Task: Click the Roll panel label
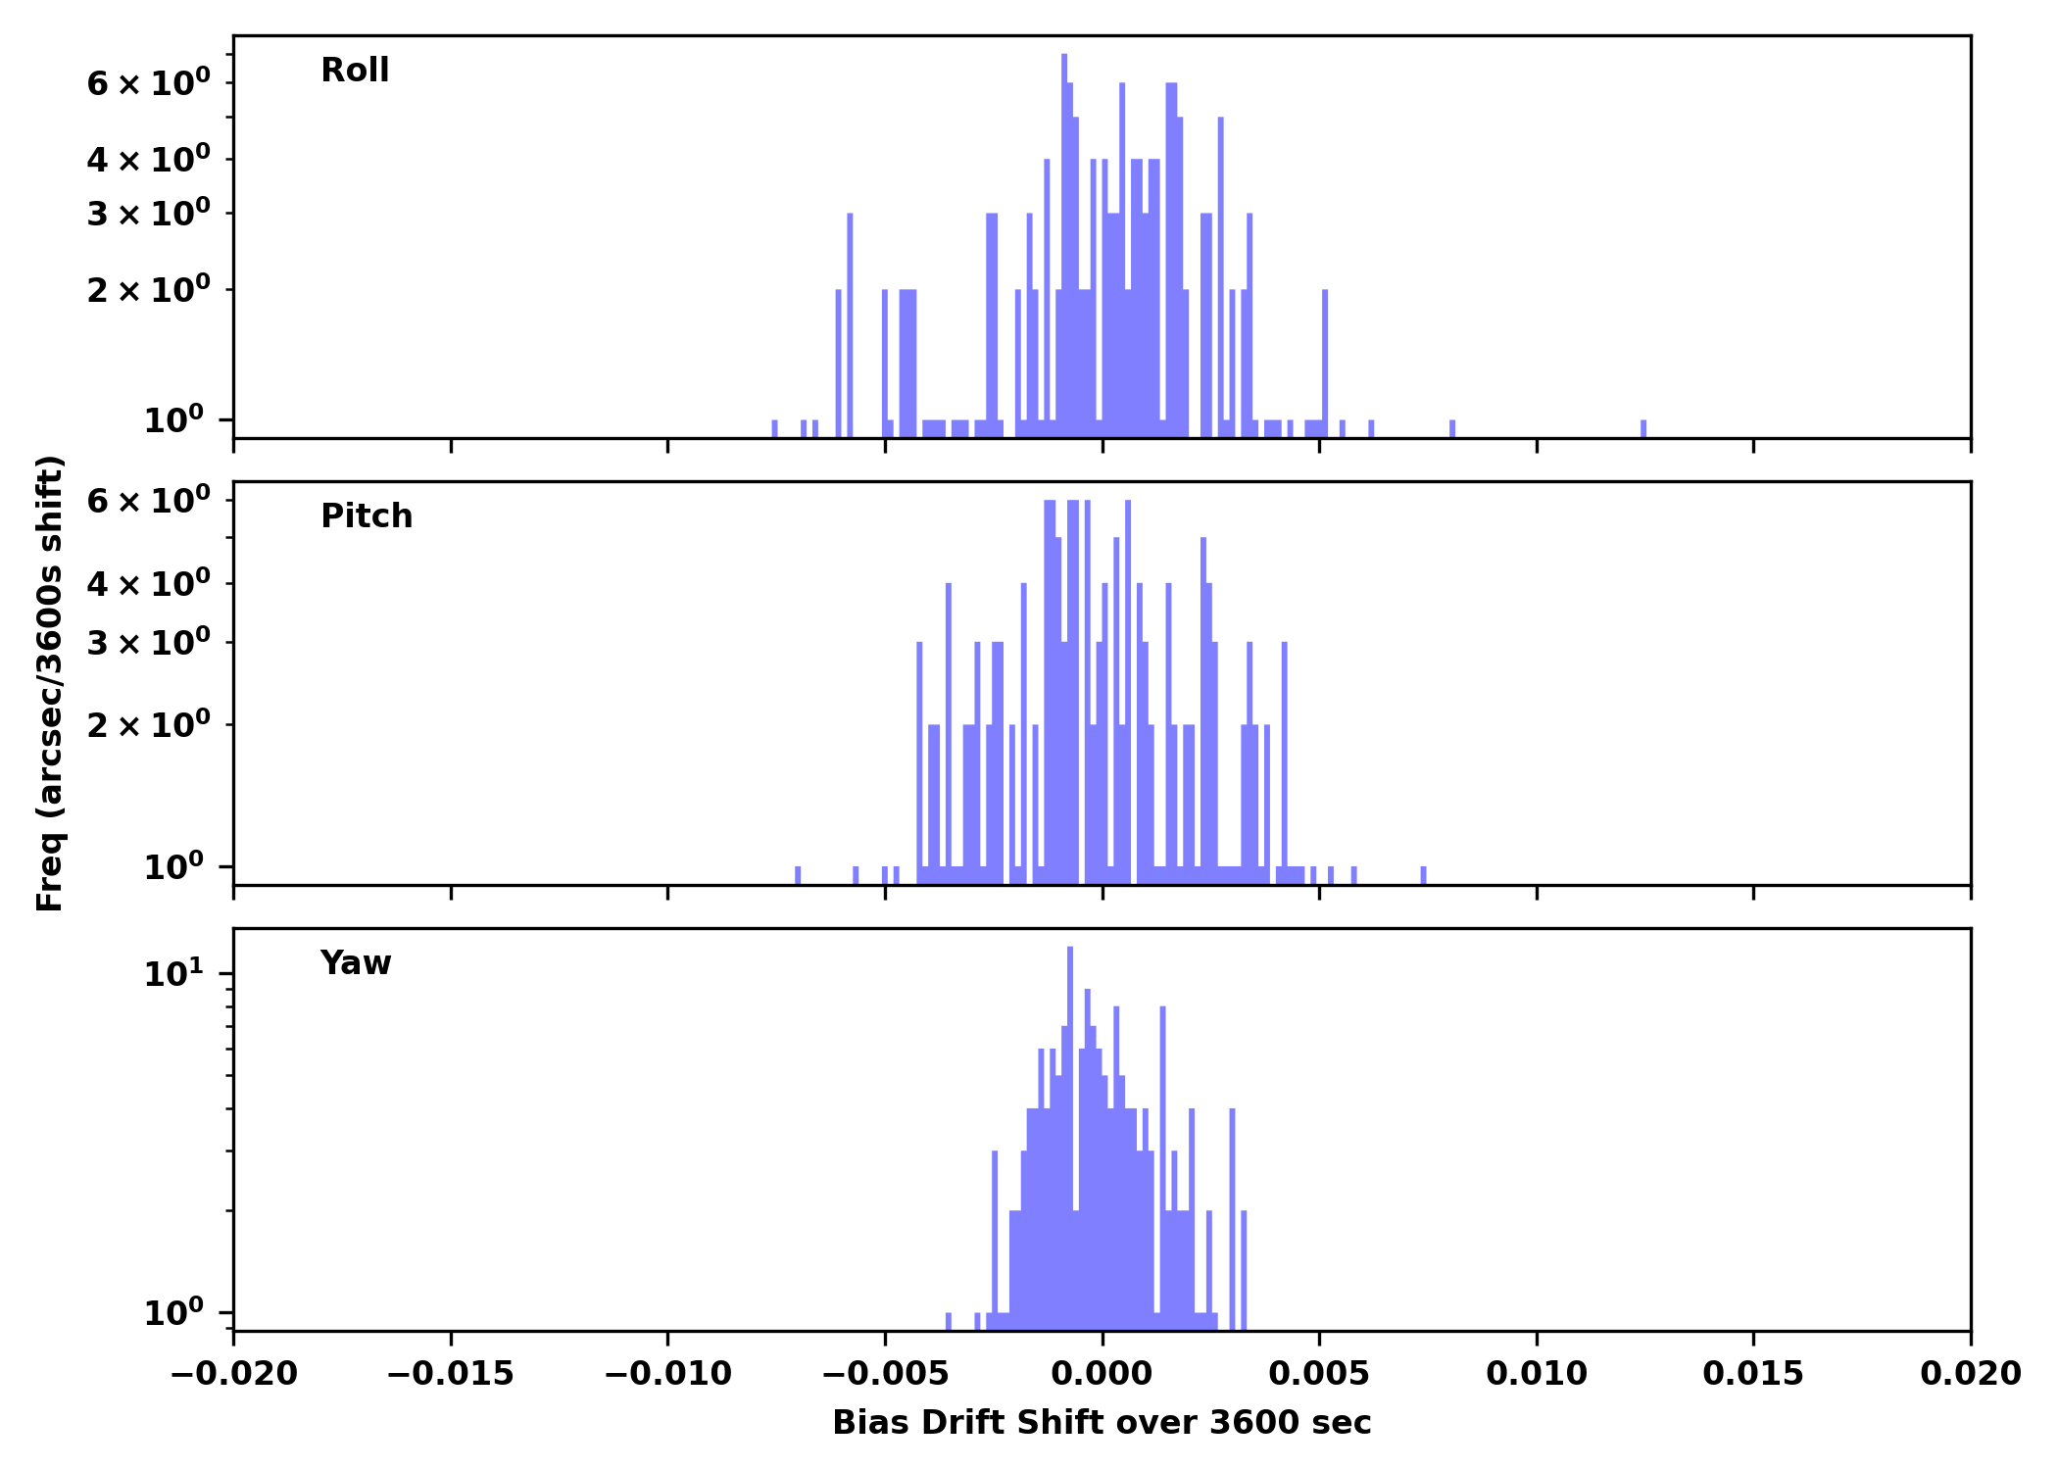[355, 71]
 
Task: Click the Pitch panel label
[367, 516]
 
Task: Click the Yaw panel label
[356, 963]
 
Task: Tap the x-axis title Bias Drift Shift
[1102, 1423]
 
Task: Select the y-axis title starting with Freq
[50, 683]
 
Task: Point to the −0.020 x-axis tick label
[233, 1374]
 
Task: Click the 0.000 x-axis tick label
[1102, 1374]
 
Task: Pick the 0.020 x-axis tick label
[1970, 1374]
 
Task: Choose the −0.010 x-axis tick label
[667, 1374]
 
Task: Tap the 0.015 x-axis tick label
[1752, 1374]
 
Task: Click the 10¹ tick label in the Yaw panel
[174, 974]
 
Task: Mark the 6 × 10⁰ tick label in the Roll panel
[148, 83]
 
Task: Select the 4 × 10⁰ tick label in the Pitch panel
[148, 585]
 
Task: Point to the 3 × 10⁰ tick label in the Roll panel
[148, 214]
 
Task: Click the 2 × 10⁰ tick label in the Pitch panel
[148, 726]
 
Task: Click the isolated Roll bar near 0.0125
[1643, 429]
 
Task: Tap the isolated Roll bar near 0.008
[1452, 429]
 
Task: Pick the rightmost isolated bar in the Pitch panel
[1423, 875]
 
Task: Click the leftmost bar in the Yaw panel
[948, 1321]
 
